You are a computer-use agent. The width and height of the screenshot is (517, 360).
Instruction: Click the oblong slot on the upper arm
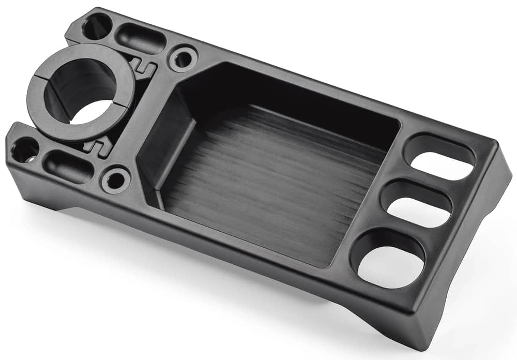pos(140,39)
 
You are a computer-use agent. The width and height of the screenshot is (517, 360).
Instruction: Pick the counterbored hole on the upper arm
pos(184,59)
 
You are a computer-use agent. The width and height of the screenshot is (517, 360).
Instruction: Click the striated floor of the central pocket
pos(269,181)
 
